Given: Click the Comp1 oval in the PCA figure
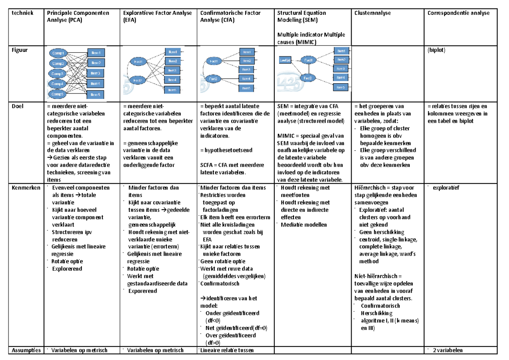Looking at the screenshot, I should [58, 53].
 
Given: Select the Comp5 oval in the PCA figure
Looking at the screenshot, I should [58, 94].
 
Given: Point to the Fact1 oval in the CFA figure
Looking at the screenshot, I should [214, 61].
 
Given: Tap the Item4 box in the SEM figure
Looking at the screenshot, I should [341, 77].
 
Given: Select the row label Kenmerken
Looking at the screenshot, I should [24, 188].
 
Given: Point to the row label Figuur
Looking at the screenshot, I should [20, 49].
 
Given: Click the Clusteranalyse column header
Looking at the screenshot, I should [372, 13].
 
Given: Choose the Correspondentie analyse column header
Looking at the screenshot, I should [459, 13].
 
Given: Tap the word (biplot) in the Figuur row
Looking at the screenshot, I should [437, 49].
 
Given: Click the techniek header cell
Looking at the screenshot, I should [21, 13].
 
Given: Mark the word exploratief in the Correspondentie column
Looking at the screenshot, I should [447, 187].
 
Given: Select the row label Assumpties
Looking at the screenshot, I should [26, 350].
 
